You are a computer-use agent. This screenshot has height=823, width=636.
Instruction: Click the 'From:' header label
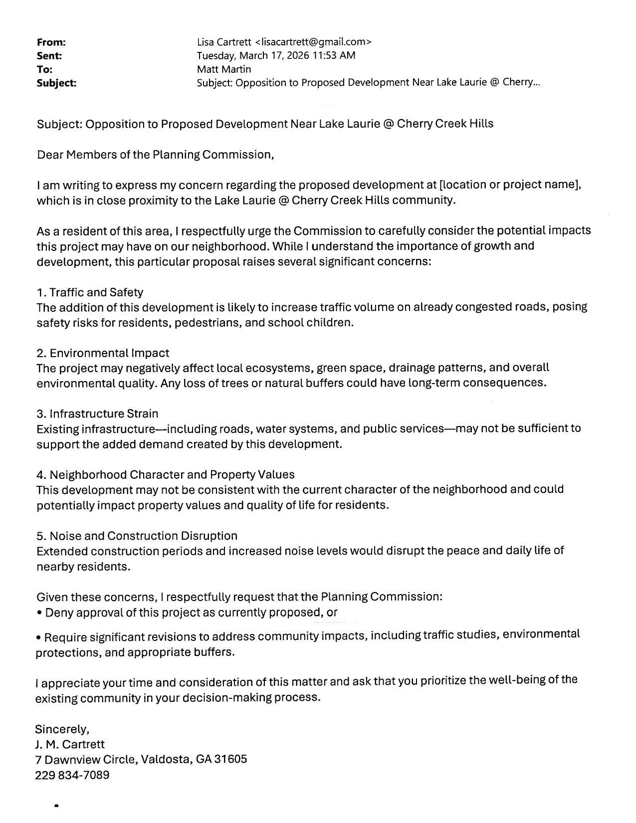coord(51,42)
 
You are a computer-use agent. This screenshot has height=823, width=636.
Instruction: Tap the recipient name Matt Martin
coord(224,69)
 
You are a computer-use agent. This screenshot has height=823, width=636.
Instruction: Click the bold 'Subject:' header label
coord(56,83)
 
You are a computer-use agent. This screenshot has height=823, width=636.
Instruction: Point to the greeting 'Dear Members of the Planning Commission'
coord(155,155)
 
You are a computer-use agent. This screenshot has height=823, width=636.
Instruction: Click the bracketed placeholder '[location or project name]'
coord(510,185)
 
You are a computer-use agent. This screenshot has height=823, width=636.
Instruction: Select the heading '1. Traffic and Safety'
coord(90,292)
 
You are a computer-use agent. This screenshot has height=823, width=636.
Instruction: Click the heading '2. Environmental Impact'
coord(103,353)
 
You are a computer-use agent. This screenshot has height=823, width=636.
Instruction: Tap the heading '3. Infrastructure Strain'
coord(97,413)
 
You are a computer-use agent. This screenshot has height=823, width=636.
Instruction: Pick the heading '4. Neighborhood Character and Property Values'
coord(165,474)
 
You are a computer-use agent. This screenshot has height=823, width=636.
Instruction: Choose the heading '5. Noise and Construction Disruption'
coord(137,536)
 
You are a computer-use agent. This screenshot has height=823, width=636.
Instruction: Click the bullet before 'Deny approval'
coord(39,613)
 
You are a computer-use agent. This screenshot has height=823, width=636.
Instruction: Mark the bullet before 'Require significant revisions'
coord(38,638)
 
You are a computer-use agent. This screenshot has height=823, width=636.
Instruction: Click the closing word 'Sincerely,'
coord(62,729)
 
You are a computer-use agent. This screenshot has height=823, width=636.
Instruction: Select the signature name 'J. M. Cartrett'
coord(70,744)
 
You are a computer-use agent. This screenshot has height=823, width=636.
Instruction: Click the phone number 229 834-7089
coord(72,775)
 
